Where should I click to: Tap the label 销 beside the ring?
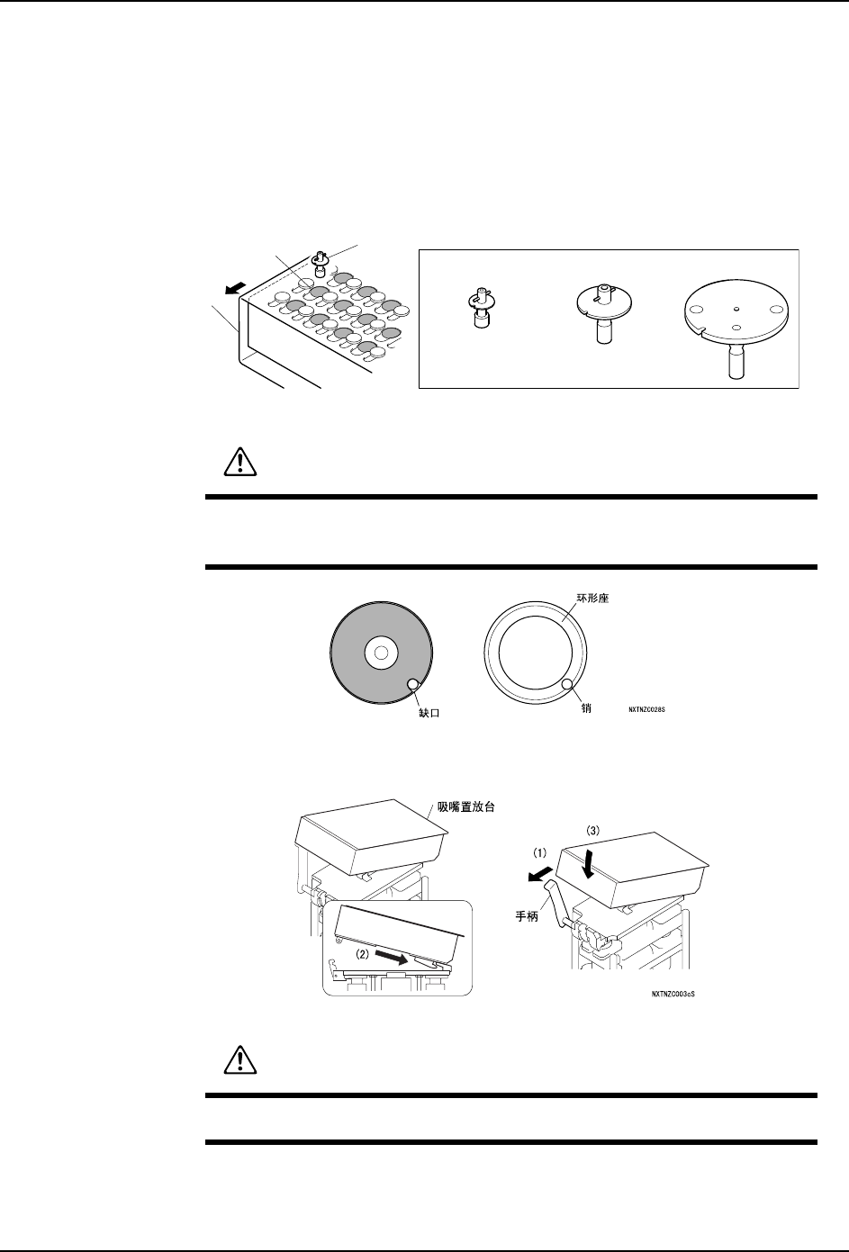(x=586, y=708)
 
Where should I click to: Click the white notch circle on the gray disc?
(x=413, y=685)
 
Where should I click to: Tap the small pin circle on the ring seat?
(x=569, y=687)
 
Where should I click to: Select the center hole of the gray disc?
(x=380, y=652)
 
